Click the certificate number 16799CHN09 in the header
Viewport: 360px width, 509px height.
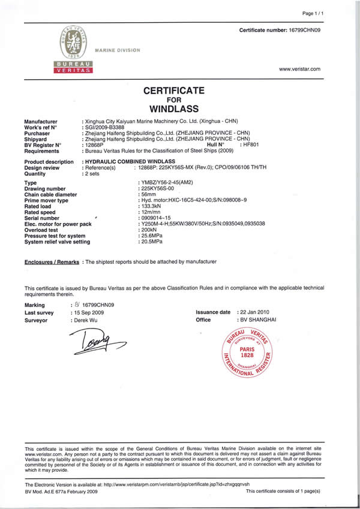pyautogui.click(x=305, y=29)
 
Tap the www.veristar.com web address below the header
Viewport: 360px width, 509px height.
pyautogui.click(x=299, y=69)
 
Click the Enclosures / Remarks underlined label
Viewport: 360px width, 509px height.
pyautogui.click(x=52, y=263)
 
